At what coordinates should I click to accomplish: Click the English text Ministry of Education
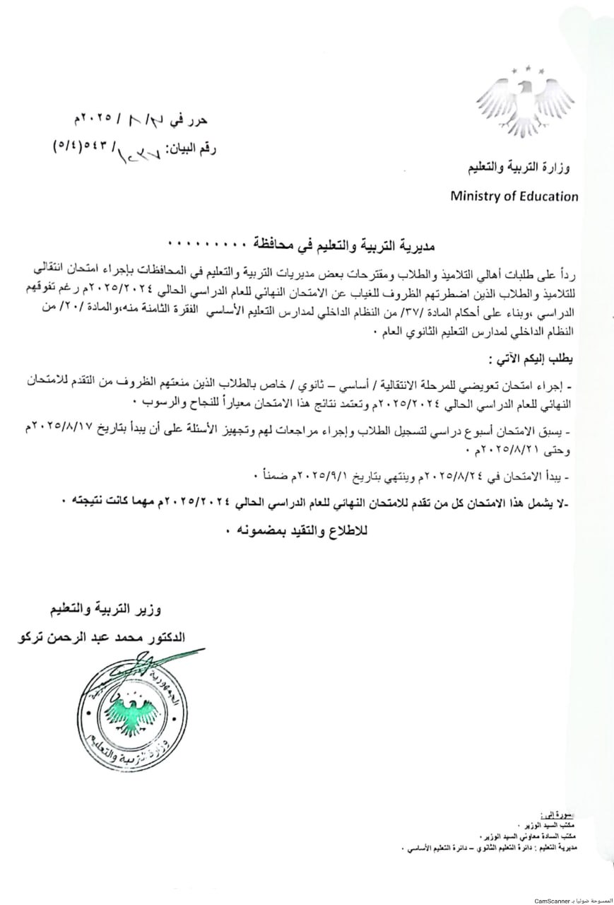pyautogui.click(x=514, y=197)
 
